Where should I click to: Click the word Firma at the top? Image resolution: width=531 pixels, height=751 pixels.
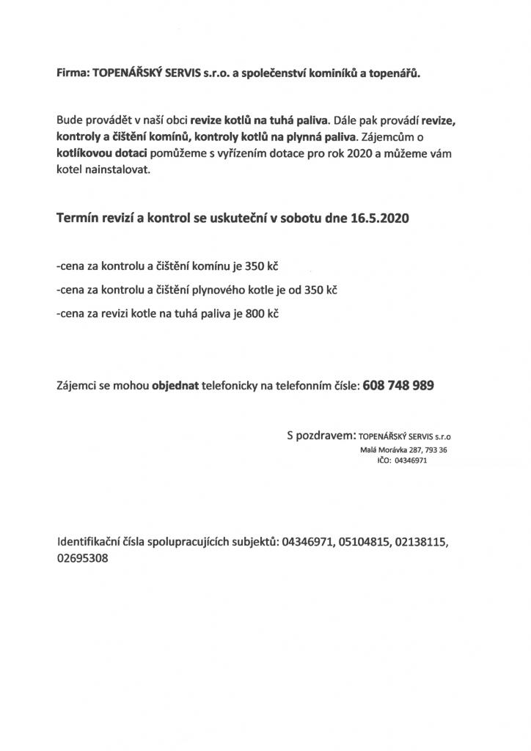tap(73, 73)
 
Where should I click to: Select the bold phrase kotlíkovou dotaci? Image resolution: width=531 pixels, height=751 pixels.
tap(102, 154)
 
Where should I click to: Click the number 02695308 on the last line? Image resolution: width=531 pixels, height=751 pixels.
tap(83, 558)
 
